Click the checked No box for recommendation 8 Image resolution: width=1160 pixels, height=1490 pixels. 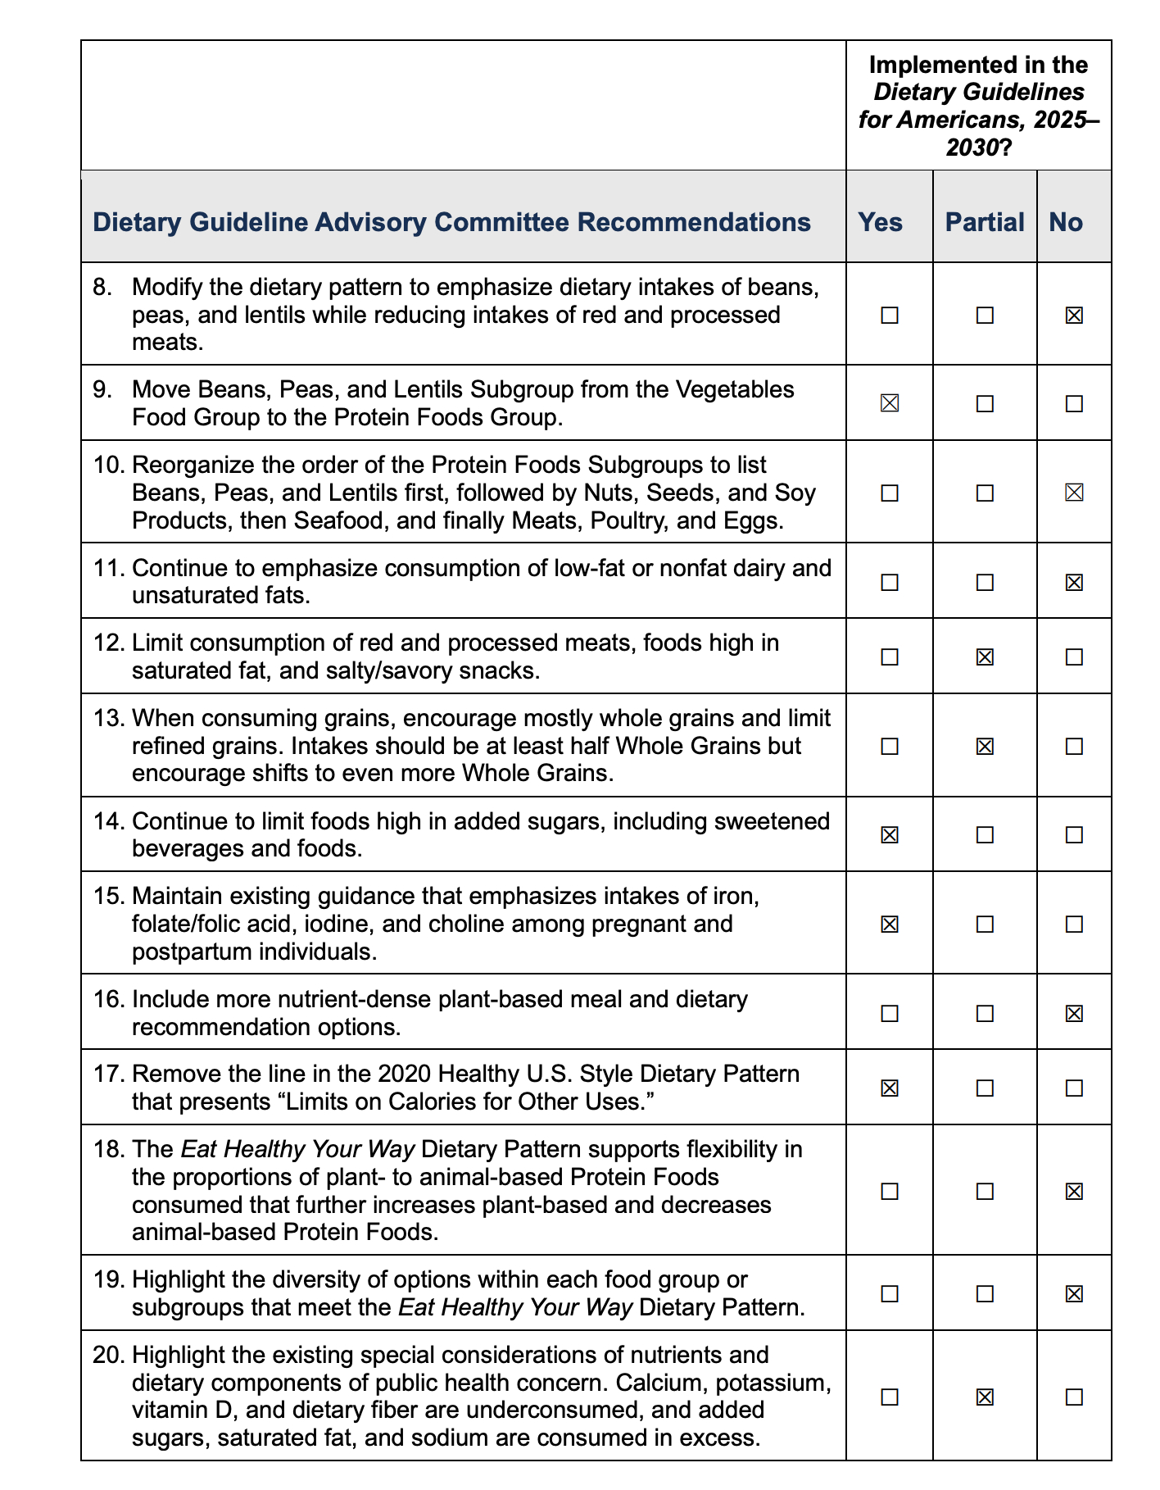pos(1073,315)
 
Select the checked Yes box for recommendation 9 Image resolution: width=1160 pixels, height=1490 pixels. pos(889,403)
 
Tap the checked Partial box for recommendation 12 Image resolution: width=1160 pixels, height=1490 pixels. pos(985,656)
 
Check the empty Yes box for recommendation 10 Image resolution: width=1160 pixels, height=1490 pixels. pos(889,493)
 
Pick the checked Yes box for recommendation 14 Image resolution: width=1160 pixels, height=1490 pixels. pos(889,834)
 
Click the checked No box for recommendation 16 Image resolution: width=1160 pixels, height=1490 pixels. pos(1073,1013)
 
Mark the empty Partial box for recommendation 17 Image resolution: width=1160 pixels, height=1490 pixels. pos(985,1088)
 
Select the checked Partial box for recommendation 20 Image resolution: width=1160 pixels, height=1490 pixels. pos(985,1396)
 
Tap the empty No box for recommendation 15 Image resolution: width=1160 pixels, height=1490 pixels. pos(1073,924)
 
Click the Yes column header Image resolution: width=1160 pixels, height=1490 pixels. pos(880,222)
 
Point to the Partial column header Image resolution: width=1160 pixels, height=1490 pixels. pos(985,222)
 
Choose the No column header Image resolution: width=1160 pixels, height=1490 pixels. pos(1066,222)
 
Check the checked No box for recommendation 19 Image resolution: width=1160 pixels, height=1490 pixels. pos(1073,1293)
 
